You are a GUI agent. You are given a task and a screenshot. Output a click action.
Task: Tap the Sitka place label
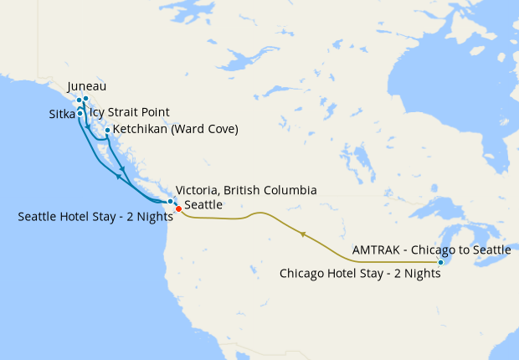(x=62, y=112)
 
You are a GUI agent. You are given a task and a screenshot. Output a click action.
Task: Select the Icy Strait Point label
(x=129, y=112)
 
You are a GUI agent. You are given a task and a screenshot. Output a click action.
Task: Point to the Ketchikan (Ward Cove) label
(x=176, y=130)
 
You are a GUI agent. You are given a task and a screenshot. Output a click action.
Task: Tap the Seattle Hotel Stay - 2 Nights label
(x=94, y=217)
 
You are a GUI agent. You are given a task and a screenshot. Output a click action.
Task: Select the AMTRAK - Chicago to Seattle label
(x=431, y=250)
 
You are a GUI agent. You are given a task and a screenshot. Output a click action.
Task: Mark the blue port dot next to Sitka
(x=80, y=112)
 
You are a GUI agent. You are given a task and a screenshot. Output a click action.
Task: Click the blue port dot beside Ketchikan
(x=107, y=130)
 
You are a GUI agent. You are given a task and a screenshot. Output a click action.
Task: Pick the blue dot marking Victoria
(x=171, y=201)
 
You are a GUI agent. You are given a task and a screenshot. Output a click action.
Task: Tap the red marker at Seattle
(x=178, y=208)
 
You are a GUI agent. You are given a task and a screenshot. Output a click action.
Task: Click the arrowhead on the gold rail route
(x=303, y=234)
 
